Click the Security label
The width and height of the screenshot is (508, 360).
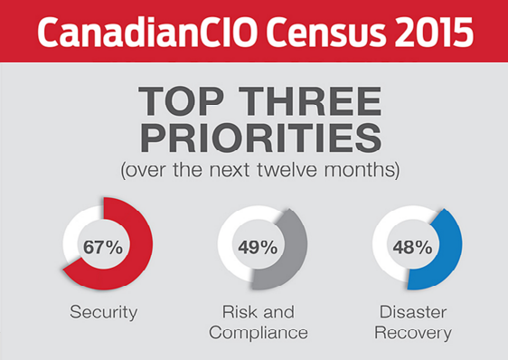pyautogui.click(x=104, y=313)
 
